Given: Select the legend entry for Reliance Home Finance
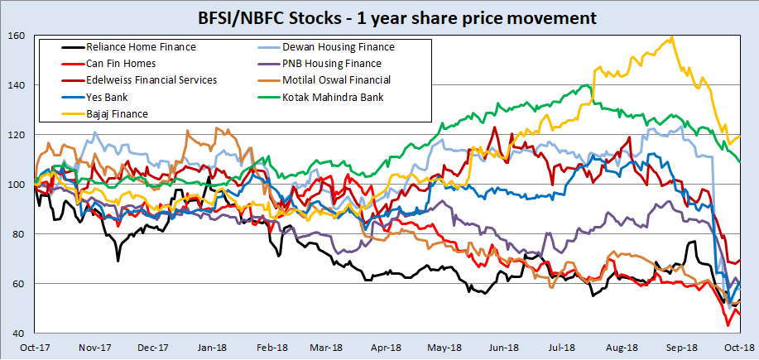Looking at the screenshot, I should point(141,47).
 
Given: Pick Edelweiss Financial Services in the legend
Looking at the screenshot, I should point(151,80).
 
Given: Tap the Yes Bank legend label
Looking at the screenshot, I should point(108,97).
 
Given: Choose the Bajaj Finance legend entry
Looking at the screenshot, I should point(117,113).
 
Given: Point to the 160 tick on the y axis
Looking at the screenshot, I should point(17,36).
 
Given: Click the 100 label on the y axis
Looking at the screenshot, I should point(17,185).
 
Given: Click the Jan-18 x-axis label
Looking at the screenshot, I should point(213,348).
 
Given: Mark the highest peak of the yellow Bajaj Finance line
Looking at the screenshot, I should point(671,36).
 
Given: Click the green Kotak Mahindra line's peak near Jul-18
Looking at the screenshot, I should point(588,84).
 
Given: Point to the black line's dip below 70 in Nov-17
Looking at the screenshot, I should point(118,261).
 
